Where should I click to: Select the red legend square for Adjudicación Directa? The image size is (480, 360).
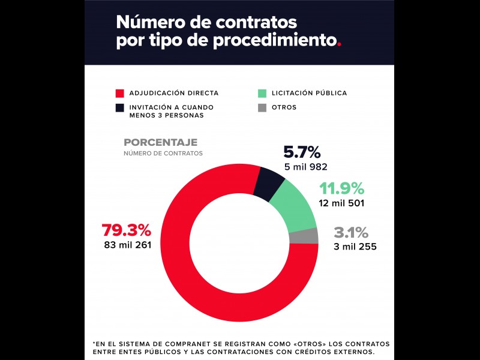coord(119,94)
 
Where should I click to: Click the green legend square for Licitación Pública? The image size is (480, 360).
coord(262,94)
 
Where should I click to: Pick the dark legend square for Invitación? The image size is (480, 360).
coord(119,108)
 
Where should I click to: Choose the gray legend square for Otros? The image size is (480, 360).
coord(262,108)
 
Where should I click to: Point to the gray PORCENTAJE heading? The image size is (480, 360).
coord(160,143)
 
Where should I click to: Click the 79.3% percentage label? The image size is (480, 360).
coord(126,230)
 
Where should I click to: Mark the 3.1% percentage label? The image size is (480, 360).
coord(351,233)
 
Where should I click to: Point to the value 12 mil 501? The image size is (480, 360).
coord(341,203)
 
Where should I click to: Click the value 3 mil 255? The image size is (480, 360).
coord(355,246)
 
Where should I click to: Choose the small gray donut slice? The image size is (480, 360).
coord(311,236)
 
